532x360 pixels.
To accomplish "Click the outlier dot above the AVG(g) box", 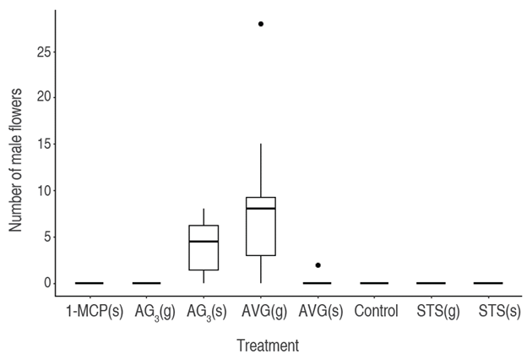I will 261,24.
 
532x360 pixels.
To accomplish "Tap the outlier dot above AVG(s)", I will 318,265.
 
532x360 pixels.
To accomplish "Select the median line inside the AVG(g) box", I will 261,208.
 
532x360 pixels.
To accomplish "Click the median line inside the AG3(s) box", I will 204,242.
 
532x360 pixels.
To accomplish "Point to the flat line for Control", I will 374,283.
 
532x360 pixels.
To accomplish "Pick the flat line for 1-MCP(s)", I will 90,283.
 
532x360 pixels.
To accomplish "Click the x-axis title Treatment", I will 267,345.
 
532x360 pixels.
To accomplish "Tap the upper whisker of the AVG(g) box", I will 261,170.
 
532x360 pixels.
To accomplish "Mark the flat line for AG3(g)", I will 146,283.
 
